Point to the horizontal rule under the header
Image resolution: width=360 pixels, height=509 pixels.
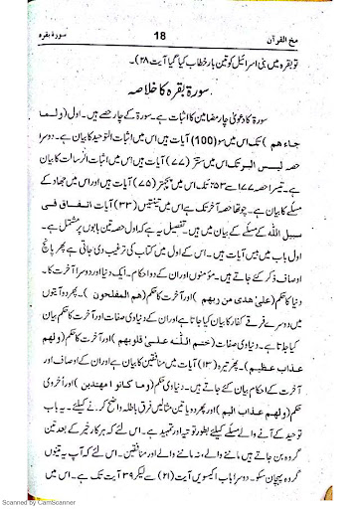click(x=180, y=30)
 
